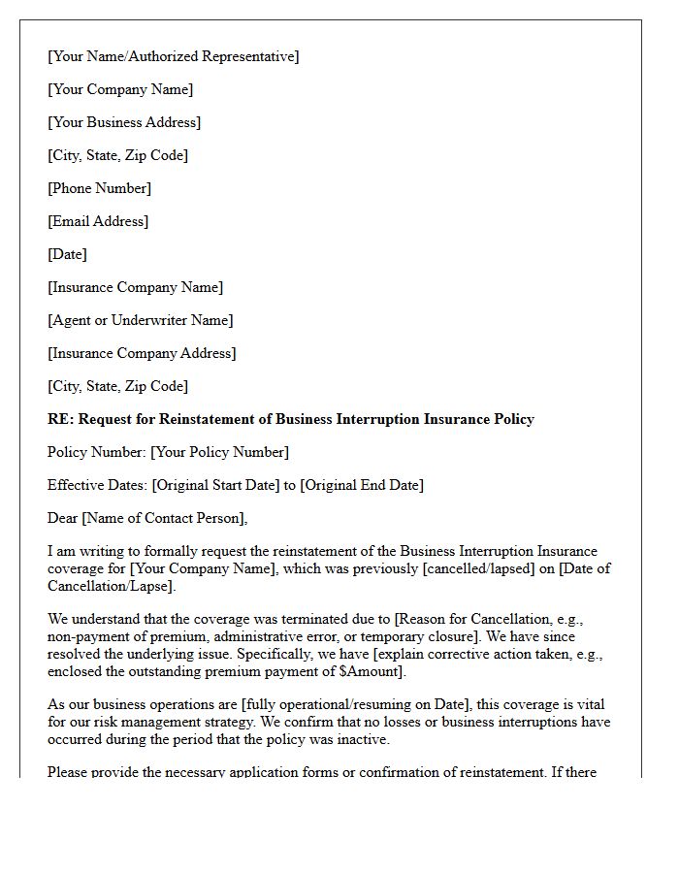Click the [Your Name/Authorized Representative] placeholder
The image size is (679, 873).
coord(173,56)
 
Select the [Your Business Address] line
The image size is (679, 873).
coord(124,122)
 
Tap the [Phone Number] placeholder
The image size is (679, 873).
coord(99,188)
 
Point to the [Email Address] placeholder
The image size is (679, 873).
coord(98,221)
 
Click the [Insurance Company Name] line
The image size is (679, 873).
coord(135,287)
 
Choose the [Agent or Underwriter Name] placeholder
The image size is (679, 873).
coord(140,320)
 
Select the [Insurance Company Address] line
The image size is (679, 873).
coord(142,353)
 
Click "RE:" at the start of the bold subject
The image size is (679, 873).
coord(60,419)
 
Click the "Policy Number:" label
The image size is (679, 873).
coord(97,452)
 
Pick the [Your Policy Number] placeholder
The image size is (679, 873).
coord(219,452)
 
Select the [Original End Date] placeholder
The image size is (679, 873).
coord(362,485)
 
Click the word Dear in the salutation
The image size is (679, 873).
coord(63,518)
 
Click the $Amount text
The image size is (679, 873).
coord(373,671)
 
